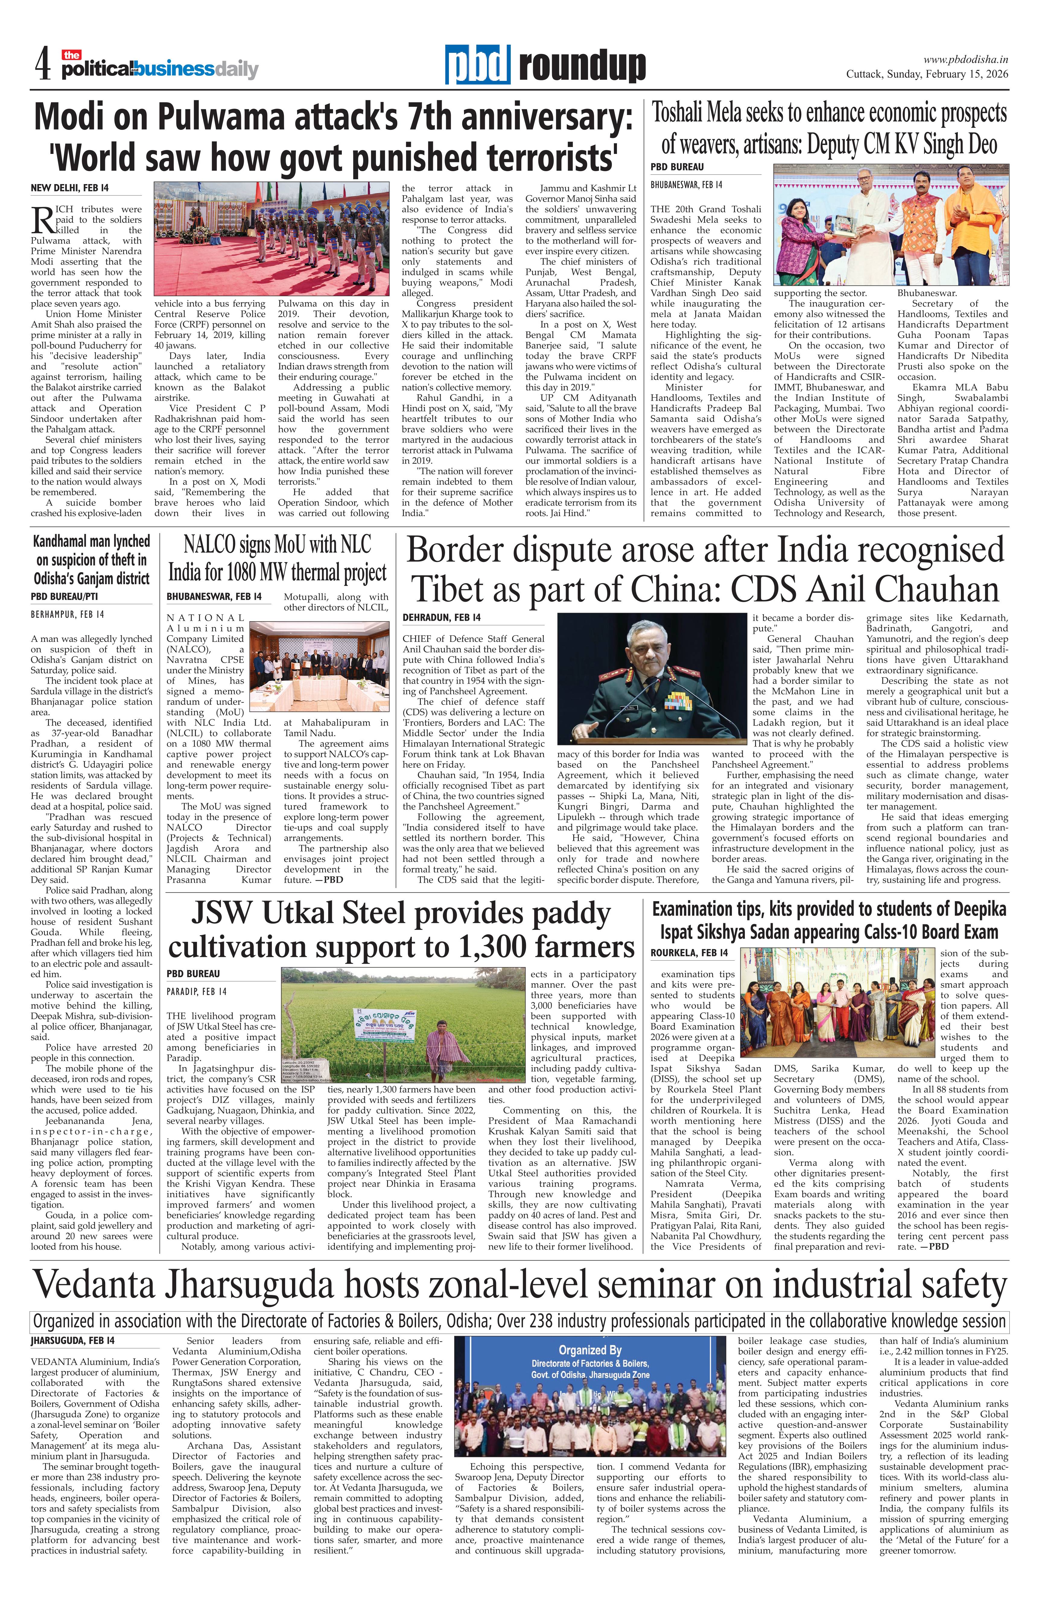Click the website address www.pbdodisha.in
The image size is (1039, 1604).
966,59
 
